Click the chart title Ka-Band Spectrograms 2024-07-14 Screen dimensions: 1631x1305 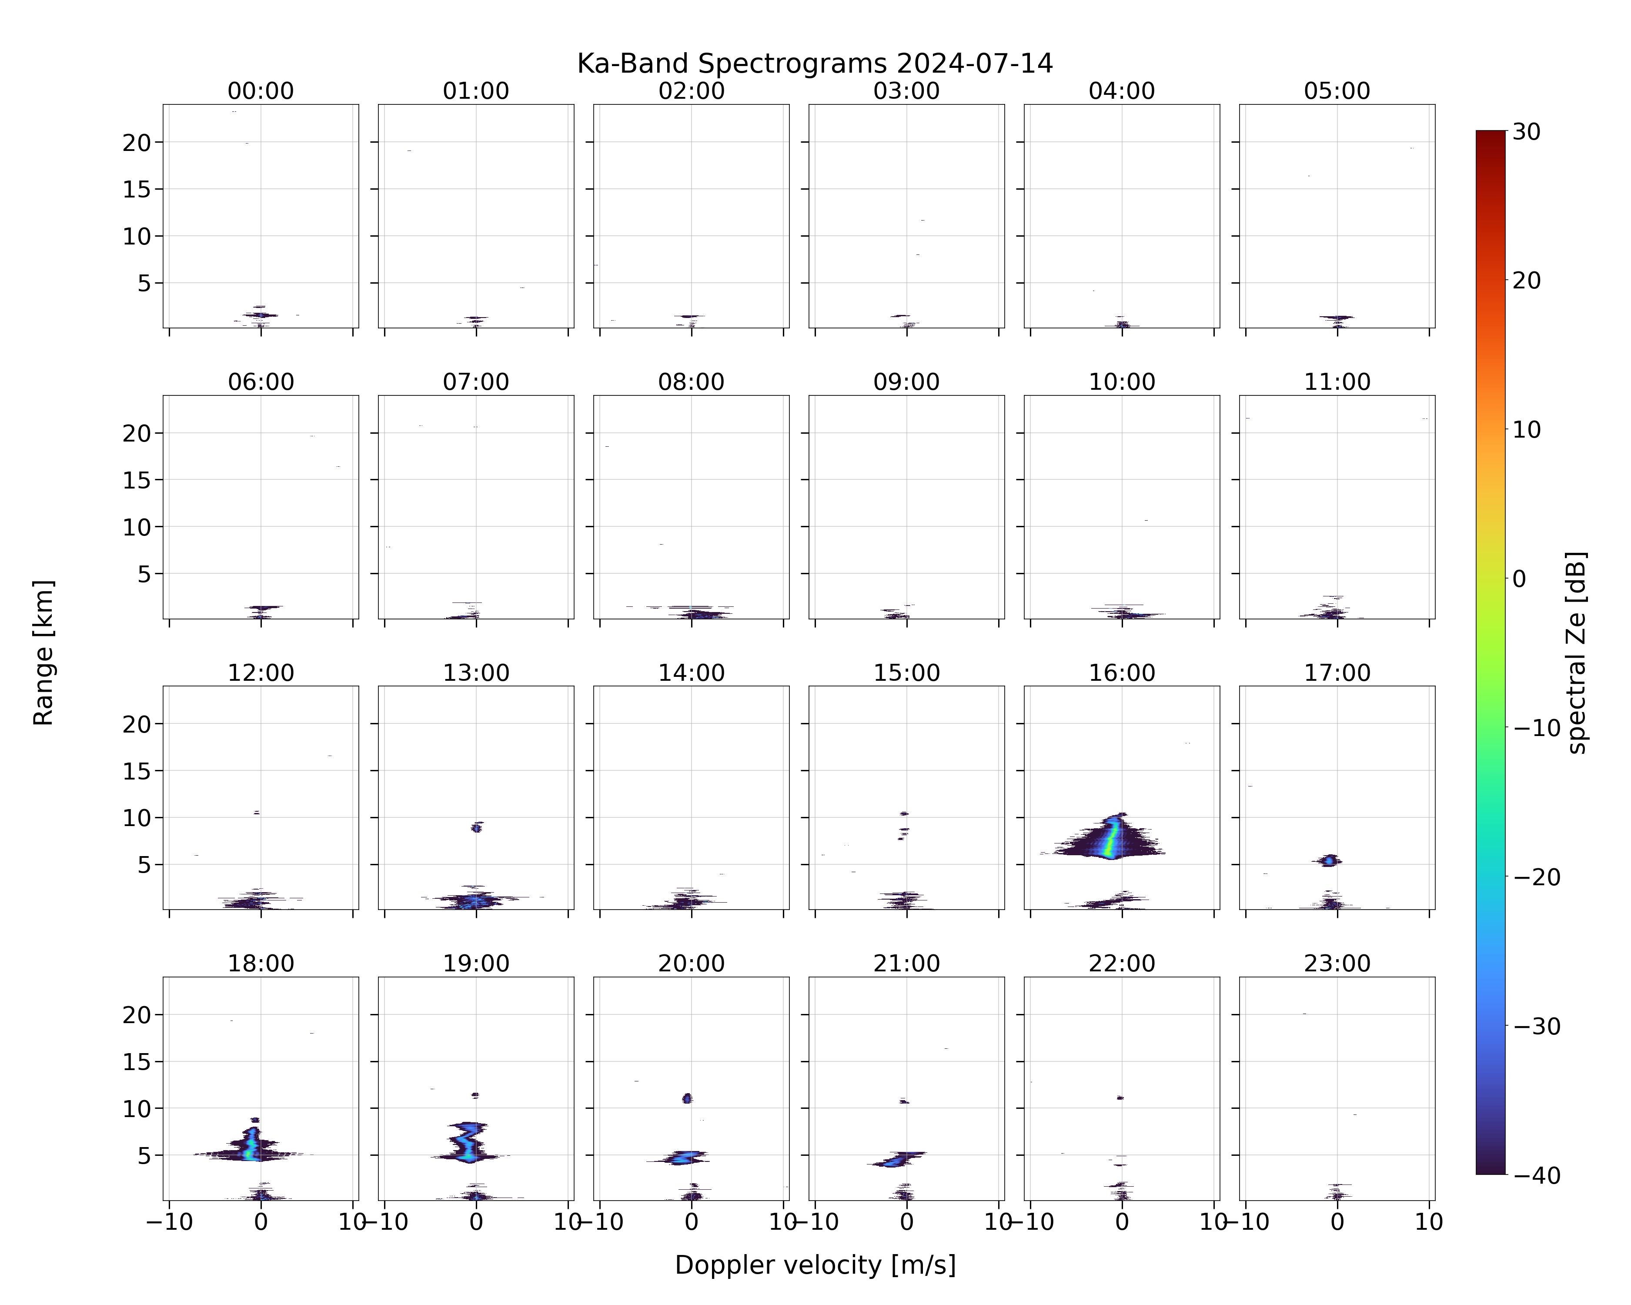[815, 64]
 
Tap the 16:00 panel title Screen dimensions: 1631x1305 [1122, 673]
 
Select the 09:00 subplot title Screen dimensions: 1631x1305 [906, 382]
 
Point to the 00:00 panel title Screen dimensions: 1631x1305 [261, 91]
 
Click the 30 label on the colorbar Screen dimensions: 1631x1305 [1527, 132]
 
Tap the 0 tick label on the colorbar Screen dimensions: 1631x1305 [1519, 579]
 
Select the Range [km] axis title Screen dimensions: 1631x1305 [43, 652]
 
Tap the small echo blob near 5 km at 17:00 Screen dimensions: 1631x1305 [1330, 860]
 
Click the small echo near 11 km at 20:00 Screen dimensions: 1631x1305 [687, 1098]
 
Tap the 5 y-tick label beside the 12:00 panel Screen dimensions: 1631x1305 [144, 865]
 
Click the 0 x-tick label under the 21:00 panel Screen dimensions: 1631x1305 [906, 1222]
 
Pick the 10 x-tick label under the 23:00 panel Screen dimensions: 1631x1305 [1429, 1222]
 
